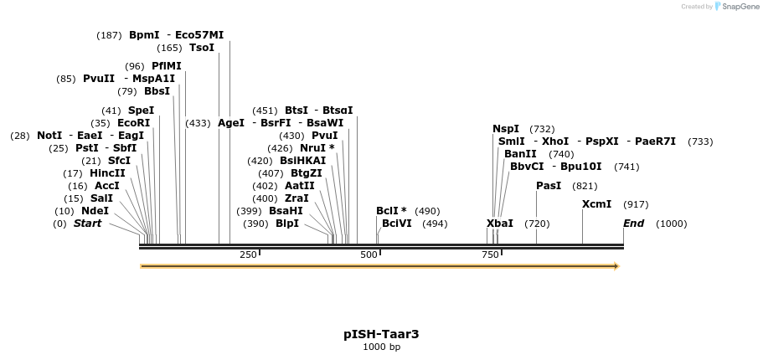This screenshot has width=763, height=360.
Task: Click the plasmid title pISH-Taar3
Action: (381, 334)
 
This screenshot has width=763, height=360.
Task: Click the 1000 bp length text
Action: (381, 347)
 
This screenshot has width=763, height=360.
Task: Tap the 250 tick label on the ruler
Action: (248, 255)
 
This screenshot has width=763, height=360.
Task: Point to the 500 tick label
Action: (369, 255)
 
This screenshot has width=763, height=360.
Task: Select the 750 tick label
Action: (490, 255)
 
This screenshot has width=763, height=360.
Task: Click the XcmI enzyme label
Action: (596, 204)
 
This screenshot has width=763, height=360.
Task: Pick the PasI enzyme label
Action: (549, 186)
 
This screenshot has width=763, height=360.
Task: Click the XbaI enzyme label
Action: (500, 224)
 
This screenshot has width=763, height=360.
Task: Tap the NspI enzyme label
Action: (506, 129)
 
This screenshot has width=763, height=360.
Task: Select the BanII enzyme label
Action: (520, 154)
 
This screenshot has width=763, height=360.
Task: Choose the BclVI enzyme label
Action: (397, 224)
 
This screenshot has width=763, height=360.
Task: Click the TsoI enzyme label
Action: (202, 48)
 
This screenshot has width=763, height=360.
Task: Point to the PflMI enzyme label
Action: (167, 66)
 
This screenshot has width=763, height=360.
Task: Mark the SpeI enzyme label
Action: (141, 111)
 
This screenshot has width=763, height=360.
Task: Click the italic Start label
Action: (87, 224)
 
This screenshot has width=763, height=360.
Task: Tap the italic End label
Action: (633, 224)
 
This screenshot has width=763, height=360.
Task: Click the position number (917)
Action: (636, 204)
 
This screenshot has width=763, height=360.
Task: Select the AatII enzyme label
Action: (300, 186)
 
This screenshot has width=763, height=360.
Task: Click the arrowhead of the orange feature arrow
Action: (616, 266)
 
